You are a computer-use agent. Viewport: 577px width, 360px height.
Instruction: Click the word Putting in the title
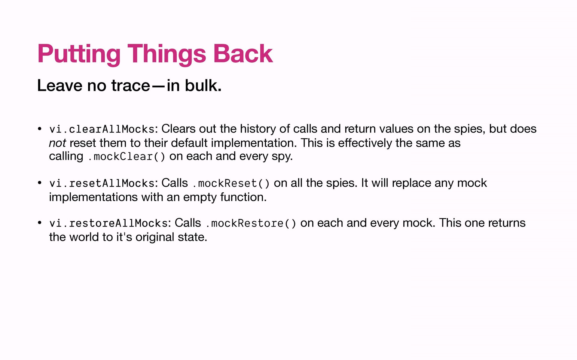point(79,54)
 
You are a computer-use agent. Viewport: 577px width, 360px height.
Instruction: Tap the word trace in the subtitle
point(131,85)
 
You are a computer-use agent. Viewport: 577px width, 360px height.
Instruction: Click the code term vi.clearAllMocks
point(102,129)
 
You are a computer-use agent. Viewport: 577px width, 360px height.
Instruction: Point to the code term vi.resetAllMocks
point(102,183)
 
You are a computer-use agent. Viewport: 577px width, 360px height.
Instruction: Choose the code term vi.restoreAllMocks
point(108,223)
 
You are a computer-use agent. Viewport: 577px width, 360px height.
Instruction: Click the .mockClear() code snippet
point(126,157)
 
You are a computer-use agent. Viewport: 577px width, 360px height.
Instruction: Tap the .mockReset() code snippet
point(231,183)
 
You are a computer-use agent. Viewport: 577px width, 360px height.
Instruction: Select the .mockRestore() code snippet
point(251,223)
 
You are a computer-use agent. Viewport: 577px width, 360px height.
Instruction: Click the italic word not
point(57,143)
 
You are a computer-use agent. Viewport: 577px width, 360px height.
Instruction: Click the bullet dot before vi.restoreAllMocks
point(39,223)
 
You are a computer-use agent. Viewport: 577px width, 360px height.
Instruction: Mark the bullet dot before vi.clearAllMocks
point(39,129)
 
